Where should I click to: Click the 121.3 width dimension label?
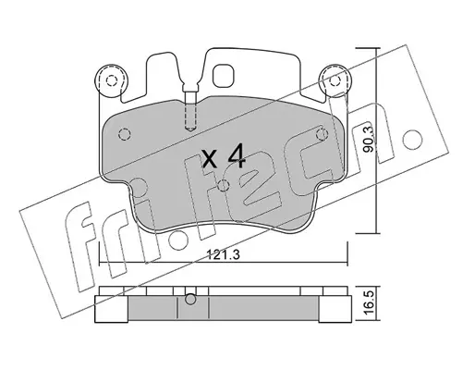coord(223,254)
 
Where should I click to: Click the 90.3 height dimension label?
coord(368,139)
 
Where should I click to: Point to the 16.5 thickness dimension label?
coord(369,303)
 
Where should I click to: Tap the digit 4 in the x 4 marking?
coord(237,157)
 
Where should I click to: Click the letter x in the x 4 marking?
coord(211,160)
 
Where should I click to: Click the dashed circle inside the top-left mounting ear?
coord(111,80)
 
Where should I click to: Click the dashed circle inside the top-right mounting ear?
coord(335,80)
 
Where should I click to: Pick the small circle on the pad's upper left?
coord(125,134)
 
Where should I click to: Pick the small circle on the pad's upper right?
coord(323,134)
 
